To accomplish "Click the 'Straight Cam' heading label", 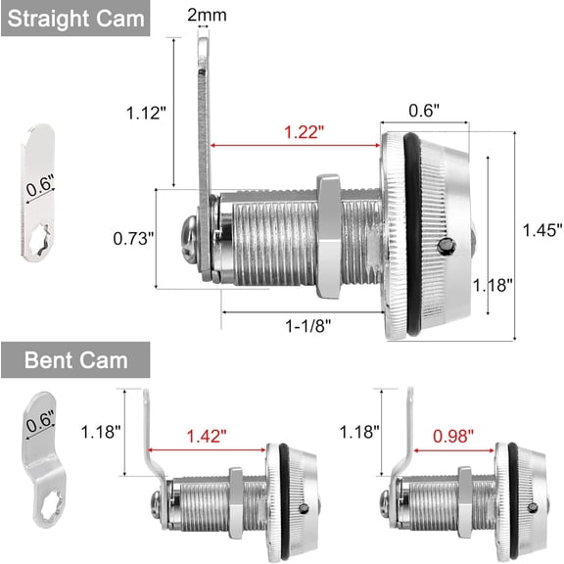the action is coord(75,19).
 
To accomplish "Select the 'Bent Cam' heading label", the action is coord(76,360).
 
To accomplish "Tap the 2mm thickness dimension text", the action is coord(207,15).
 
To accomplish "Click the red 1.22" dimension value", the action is coord(304,132).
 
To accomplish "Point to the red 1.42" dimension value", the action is coord(207,436).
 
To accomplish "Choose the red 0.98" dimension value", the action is coord(453,436).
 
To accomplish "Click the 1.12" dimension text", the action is coord(146,113).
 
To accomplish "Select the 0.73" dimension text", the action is coord(133,239).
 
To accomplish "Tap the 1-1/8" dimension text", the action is coord(307,326).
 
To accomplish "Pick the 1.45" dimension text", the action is coord(542,230).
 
